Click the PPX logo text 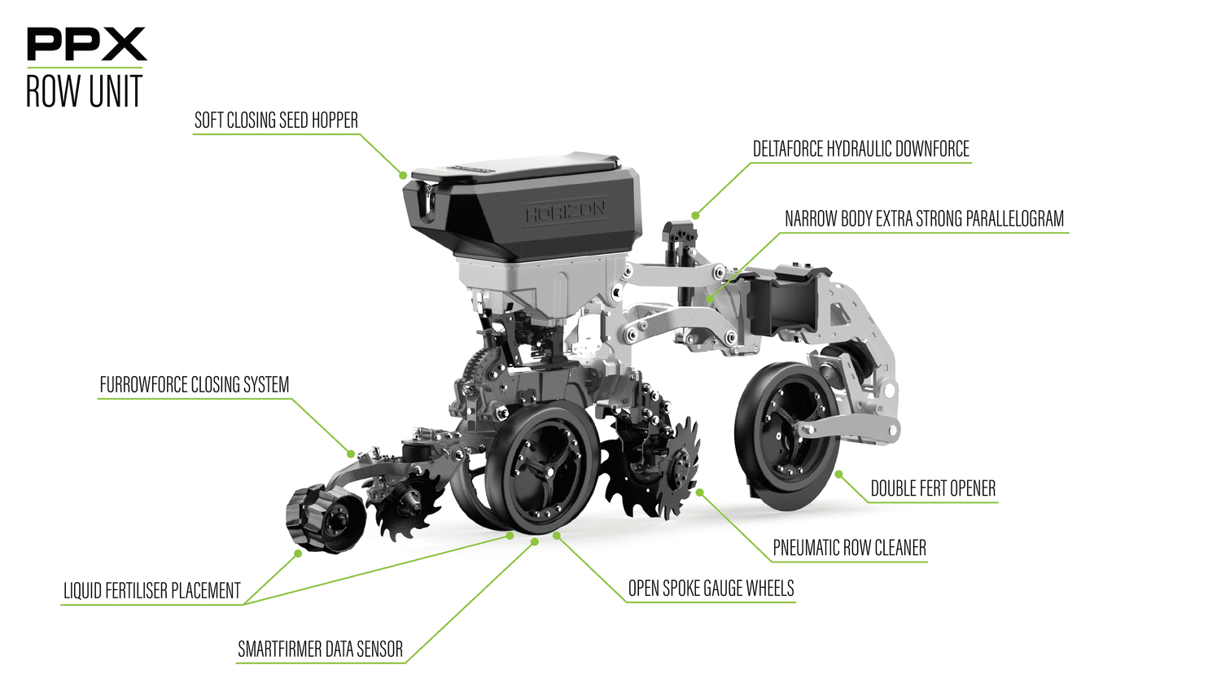click(x=86, y=45)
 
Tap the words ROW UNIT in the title click(x=84, y=91)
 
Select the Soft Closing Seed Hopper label click(x=276, y=120)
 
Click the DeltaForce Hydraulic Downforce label click(x=860, y=149)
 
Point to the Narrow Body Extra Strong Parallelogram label click(x=924, y=219)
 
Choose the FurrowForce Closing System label click(x=194, y=385)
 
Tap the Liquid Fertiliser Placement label click(x=152, y=591)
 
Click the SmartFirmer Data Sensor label click(x=320, y=650)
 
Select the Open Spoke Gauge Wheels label click(x=711, y=589)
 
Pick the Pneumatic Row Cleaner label click(x=849, y=549)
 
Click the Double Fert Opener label click(x=933, y=489)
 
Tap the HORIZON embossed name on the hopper click(x=565, y=213)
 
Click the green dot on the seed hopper click(x=403, y=175)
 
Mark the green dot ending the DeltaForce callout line click(x=695, y=216)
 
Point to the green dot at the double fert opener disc click(x=838, y=474)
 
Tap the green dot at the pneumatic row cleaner click(x=699, y=492)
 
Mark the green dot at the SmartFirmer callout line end click(x=535, y=541)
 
